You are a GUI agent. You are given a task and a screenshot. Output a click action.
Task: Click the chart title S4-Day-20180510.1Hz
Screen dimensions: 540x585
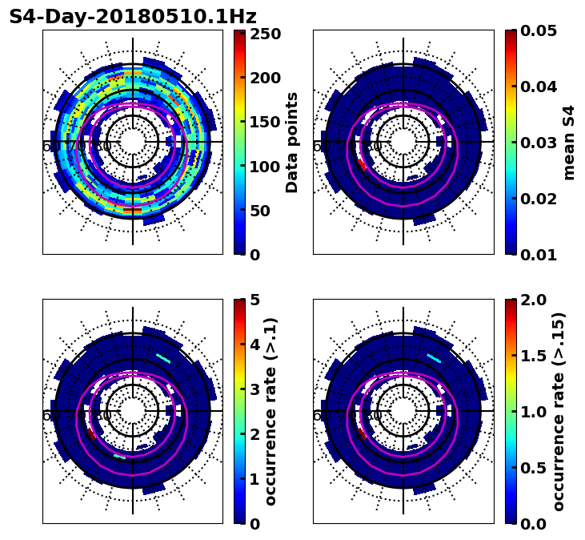pyautogui.click(x=133, y=17)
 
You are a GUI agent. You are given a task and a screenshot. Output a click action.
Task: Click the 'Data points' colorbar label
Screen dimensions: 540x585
pyautogui.click(x=292, y=142)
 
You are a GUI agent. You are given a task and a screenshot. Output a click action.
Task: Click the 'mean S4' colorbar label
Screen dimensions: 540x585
pyautogui.click(x=569, y=142)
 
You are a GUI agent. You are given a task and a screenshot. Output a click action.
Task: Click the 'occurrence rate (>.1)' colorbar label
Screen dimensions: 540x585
pyautogui.click(x=270, y=411)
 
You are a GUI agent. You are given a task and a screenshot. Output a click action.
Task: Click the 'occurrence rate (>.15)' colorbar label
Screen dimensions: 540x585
pyautogui.click(x=559, y=411)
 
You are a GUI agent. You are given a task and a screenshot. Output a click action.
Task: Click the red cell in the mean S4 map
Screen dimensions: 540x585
pyautogui.click(x=362, y=165)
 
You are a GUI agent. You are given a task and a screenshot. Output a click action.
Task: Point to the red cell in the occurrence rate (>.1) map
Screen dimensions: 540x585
pyautogui.click(x=91, y=435)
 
